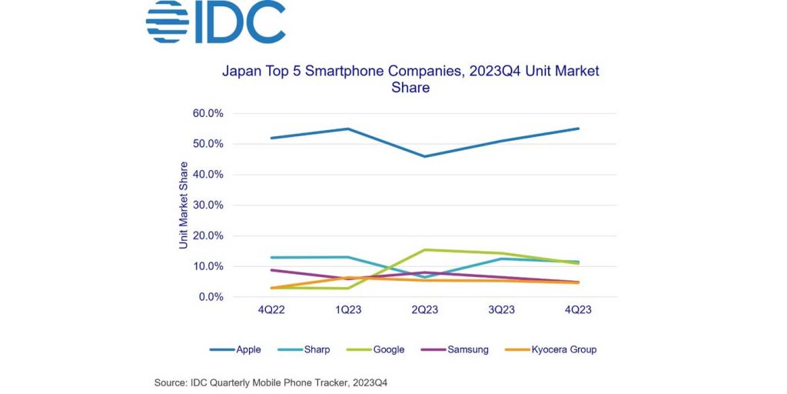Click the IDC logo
pyautogui.click(x=216, y=22)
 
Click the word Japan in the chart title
pyautogui.click(x=241, y=72)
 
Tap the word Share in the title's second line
pyautogui.click(x=410, y=88)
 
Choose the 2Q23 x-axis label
pyautogui.click(x=424, y=310)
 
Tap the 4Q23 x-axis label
pyautogui.click(x=578, y=310)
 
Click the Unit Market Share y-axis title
pyautogui.click(x=184, y=205)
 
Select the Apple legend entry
pyautogui.click(x=235, y=349)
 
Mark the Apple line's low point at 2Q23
pyautogui.click(x=424, y=156)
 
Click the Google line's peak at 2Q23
pyautogui.click(x=424, y=249)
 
